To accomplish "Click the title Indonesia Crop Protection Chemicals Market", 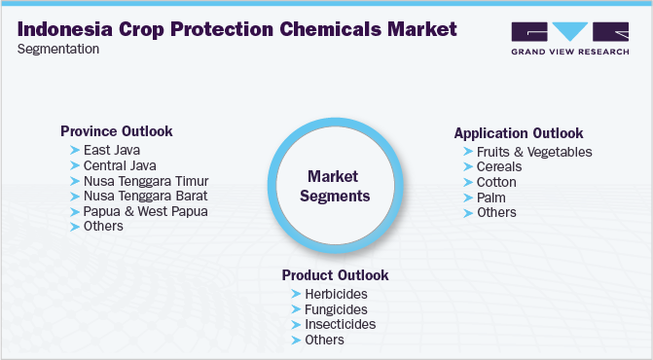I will pos(236,29).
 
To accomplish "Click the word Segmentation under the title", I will pos(58,50).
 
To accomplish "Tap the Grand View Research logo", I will pos(569,40).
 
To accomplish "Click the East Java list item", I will pos(112,150).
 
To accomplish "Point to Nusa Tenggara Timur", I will pos(146,181).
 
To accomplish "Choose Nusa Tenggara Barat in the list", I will pos(146,196).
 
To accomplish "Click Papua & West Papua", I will pos(146,211).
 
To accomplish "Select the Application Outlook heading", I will pos(519,133).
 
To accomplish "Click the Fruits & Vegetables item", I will pos(533,152).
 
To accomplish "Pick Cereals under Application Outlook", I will pos(499,167).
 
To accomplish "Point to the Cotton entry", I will pos(496,182).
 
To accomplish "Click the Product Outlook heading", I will pos(335,275).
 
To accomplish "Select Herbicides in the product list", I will pos(336,294).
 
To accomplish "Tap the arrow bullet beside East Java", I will pos(75,151).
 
